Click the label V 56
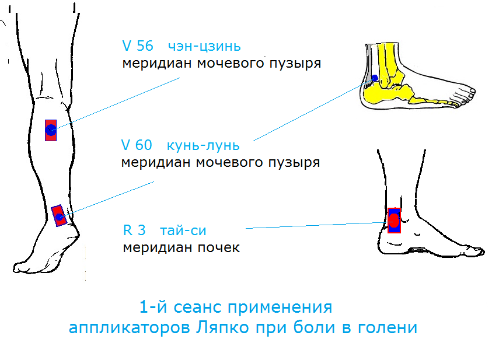(x=137, y=46)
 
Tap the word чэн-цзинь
(x=204, y=47)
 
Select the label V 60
(x=137, y=145)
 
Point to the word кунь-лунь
(x=203, y=145)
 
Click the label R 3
(x=134, y=230)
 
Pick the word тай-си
(x=183, y=231)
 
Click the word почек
(x=219, y=248)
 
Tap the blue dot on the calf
(x=51, y=130)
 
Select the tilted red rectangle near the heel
(x=59, y=216)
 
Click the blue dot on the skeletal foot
(x=375, y=78)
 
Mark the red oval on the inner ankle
(x=394, y=221)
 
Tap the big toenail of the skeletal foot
(x=472, y=91)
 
